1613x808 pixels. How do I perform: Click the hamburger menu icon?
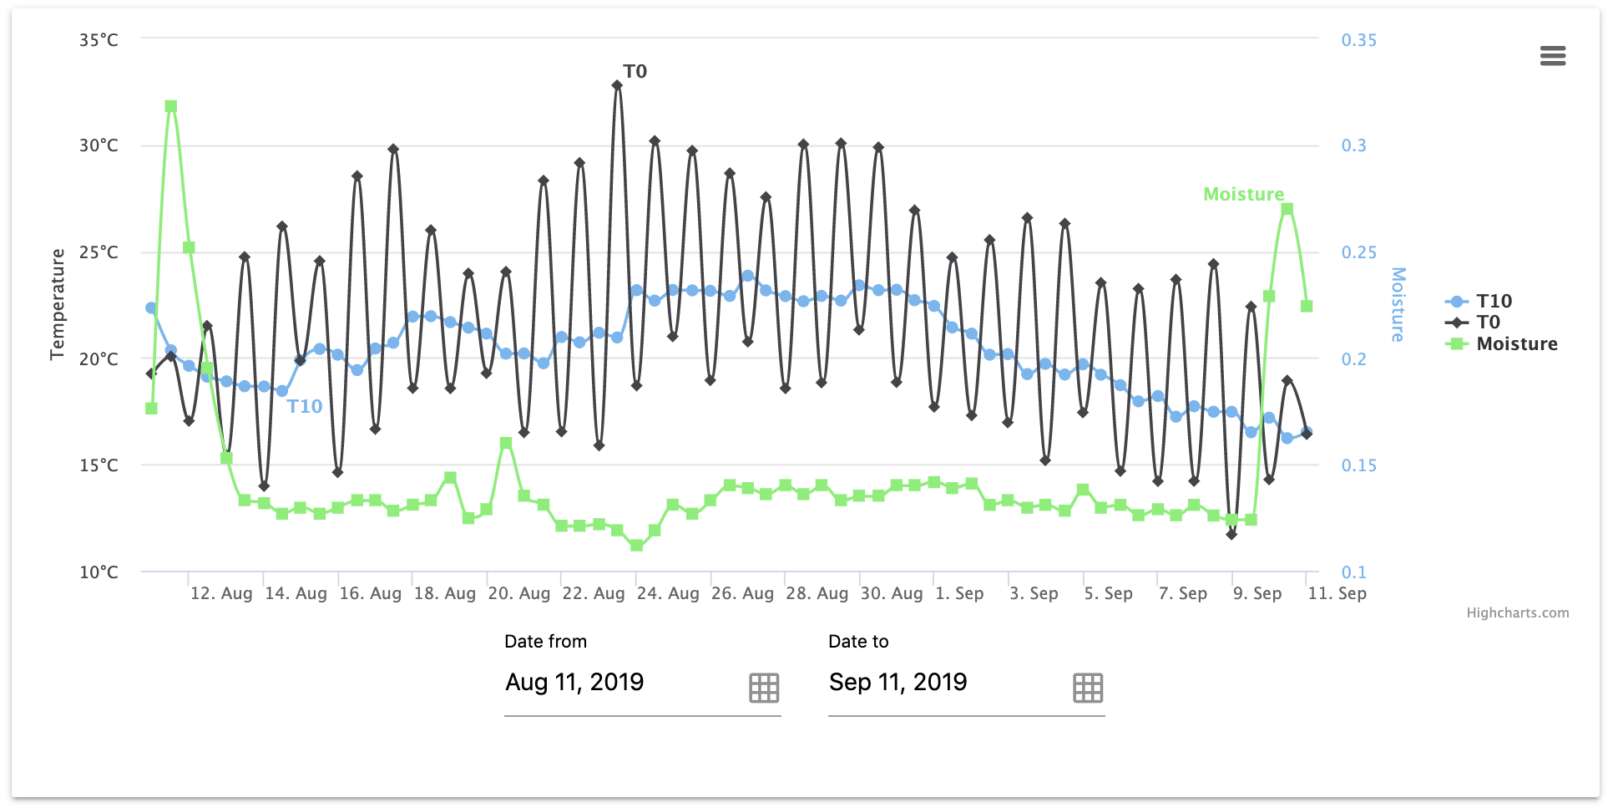pos(1552,56)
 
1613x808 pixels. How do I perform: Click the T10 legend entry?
pos(1493,301)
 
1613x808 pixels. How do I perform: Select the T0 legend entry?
pos(1488,323)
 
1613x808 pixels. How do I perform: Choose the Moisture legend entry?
pos(1516,344)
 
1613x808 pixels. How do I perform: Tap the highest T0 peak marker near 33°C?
pos(617,85)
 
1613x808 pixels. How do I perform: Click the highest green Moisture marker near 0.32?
pos(171,106)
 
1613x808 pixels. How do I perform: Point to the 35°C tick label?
pos(99,40)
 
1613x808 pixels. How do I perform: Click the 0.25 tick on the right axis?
pos(1358,252)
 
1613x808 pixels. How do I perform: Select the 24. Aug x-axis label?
pos(667,593)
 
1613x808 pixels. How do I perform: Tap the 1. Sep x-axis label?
pos(959,593)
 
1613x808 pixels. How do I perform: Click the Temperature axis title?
pos(57,304)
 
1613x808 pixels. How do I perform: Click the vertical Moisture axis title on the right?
pos(1398,304)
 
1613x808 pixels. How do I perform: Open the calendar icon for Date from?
pos(763,688)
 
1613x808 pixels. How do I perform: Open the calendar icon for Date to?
pos(1087,688)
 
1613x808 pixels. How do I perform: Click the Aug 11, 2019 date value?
pos(574,683)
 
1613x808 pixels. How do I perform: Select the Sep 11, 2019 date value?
pos(898,683)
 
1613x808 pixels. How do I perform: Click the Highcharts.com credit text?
pos(1517,612)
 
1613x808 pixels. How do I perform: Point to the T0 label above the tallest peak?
pos(635,72)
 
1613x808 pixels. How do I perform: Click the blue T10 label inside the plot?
pos(305,407)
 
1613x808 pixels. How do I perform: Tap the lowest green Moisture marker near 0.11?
pos(636,546)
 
